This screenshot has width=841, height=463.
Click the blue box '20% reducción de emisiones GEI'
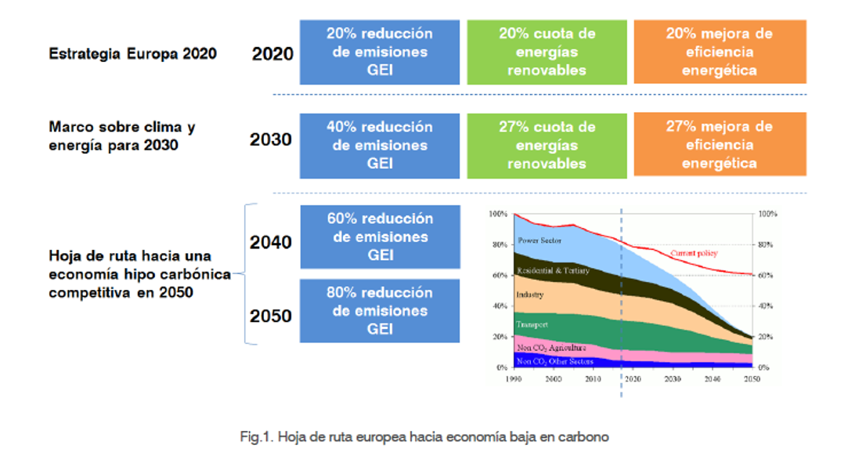[x=379, y=52]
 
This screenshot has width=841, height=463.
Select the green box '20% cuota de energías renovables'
[x=547, y=52]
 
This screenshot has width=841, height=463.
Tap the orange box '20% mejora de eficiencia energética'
[x=719, y=52]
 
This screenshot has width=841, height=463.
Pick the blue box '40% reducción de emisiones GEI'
[x=379, y=145]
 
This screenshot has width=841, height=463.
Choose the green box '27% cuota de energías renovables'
[x=547, y=145]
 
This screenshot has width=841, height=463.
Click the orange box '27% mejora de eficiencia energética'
[x=719, y=145]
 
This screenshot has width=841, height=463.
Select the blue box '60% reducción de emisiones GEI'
[x=379, y=237]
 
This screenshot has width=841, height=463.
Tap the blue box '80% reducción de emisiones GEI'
[x=379, y=310]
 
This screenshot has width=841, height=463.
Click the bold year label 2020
[x=273, y=54]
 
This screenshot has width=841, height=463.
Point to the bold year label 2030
[x=271, y=139]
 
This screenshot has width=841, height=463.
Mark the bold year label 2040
[x=271, y=242]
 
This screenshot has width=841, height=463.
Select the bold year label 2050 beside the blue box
[x=271, y=316]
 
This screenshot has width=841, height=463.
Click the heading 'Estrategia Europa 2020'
[x=132, y=54]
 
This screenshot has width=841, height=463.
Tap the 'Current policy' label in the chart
[x=694, y=253]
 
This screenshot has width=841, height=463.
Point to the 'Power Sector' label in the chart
[x=538, y=240]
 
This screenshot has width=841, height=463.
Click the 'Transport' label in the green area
[x=531, y=324]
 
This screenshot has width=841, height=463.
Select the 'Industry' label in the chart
[x=529, y=295]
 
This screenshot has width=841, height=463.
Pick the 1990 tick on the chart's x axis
[x=514, y=378]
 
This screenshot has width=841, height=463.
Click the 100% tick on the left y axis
[x=498, y=214]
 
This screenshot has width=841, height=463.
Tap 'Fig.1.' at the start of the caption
[x=255, y=437]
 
